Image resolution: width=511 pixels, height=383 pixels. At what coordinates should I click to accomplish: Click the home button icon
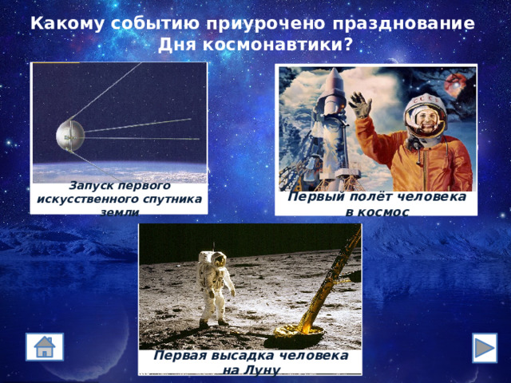pyautogui.click(x=45, y=348)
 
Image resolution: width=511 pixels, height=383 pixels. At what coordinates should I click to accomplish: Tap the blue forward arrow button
pyautogui.click(x=484, y=348)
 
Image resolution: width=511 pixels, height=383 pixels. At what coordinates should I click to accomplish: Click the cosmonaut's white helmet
pyautogui.click(x=422, y=117)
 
